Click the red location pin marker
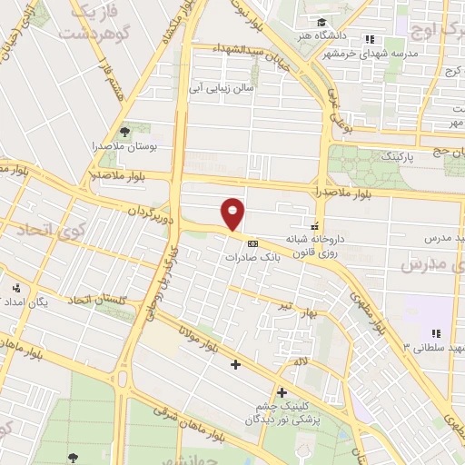[x=233, y=213]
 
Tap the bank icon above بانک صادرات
[x=252, y=242]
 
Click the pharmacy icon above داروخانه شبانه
[x=315, y=225]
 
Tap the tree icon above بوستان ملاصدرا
[x=135, y=130]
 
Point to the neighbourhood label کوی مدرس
[x=432, y=264]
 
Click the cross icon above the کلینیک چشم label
[x=282, y=393]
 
